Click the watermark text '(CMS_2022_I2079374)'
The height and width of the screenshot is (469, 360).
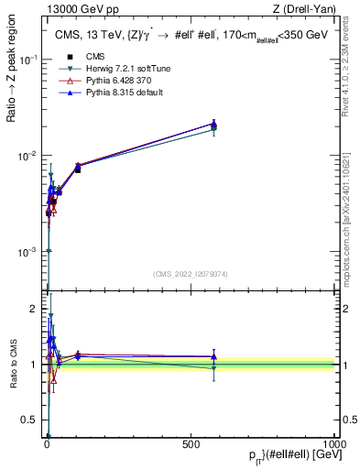191,272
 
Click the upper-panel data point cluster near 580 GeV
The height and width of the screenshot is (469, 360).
213,125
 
